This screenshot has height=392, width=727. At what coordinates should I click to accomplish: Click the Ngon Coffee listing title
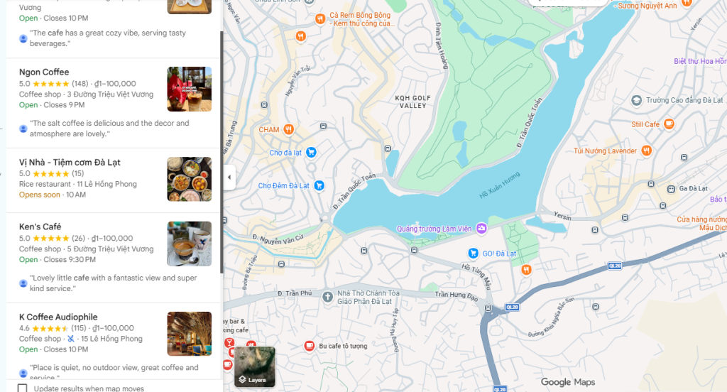point(44,72)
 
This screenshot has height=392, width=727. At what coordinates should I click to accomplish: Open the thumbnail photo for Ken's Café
point(189,244)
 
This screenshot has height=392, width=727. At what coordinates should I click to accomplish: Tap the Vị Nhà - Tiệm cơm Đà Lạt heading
point(70,162)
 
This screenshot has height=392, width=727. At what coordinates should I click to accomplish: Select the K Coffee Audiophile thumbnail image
point(189,334)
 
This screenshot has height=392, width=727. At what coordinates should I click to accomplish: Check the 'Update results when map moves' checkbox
point(23,388)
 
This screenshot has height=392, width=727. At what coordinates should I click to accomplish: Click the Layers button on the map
point(254,366)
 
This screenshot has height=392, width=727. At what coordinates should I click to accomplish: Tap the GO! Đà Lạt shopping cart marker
point(472,253)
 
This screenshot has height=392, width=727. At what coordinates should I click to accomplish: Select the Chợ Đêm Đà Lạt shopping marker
point(319,185)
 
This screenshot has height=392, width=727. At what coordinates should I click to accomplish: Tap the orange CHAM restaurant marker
point(288,129)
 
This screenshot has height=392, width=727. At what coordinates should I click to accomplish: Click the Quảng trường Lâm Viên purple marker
point(481,228)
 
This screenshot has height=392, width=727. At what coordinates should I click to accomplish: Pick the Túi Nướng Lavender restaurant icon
point(646,150)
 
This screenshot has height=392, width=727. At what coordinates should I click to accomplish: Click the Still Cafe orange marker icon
point(669,124)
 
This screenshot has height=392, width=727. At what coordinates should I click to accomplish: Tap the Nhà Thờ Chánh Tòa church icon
point(327,296)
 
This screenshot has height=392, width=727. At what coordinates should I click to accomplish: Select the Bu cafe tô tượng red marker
point(309,346)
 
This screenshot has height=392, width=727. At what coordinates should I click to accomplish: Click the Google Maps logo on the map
point(567,382)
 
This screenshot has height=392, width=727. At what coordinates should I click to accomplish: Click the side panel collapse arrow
point(229,177)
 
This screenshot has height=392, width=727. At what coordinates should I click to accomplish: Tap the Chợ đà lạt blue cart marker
point(310,152)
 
